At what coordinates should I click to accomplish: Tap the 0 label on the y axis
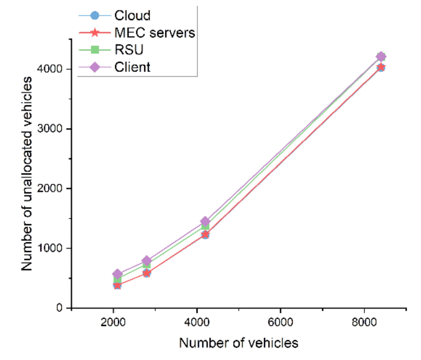[59, 308]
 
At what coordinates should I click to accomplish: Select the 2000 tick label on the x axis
[113, 322]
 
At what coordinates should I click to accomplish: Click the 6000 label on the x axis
[280, 322]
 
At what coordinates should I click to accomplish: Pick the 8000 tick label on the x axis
[364, 322]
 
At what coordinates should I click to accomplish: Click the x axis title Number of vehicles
[239, 343]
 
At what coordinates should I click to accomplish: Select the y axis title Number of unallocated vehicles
[27, 174]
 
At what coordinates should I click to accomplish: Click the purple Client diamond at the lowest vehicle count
[117, 274]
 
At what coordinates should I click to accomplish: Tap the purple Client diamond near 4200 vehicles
[205, 222]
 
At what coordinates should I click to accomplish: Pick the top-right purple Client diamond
[381, 57]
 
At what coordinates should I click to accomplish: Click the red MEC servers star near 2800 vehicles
[147, 273]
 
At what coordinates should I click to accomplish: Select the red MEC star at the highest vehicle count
[381, 67]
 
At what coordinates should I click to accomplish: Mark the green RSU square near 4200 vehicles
[205, 226]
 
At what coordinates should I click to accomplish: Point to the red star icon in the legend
[95, 33]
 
